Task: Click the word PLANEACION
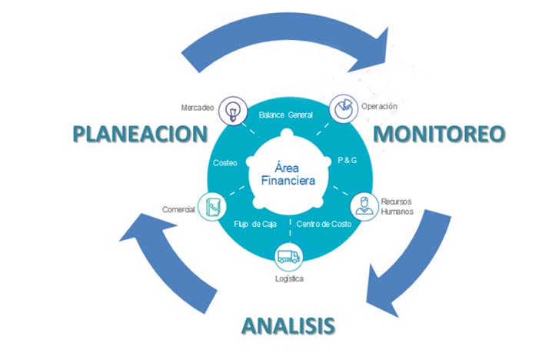140,133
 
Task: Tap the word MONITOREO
439,133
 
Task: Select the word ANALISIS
288,325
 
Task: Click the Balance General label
286,114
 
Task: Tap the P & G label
347,162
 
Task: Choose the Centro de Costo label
324,224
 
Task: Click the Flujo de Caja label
254,224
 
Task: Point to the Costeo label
224,163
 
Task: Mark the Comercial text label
178,209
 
